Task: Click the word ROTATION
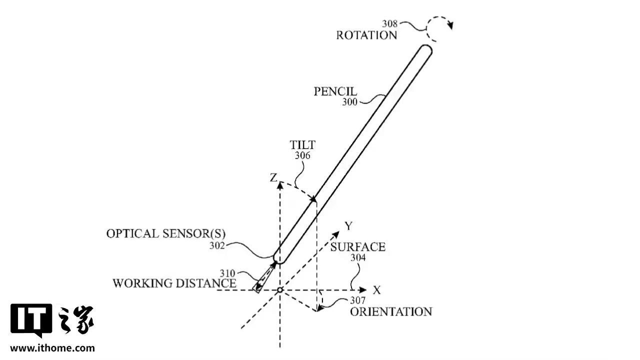(366, 35)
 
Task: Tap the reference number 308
(390, 23)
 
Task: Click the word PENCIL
(335, 92)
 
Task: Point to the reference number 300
(349, 102)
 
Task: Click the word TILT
(302, 145)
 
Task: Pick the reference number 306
(302, 155)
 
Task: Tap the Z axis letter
(273, 178)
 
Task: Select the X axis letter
(376, 290)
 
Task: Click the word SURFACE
(357, 247)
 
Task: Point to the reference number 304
(357, 258)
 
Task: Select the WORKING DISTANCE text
(174, 283)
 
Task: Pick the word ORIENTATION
(390, 311)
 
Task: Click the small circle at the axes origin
(280, 290)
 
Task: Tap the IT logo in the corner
(31, 320)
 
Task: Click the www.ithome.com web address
(52, 347)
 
